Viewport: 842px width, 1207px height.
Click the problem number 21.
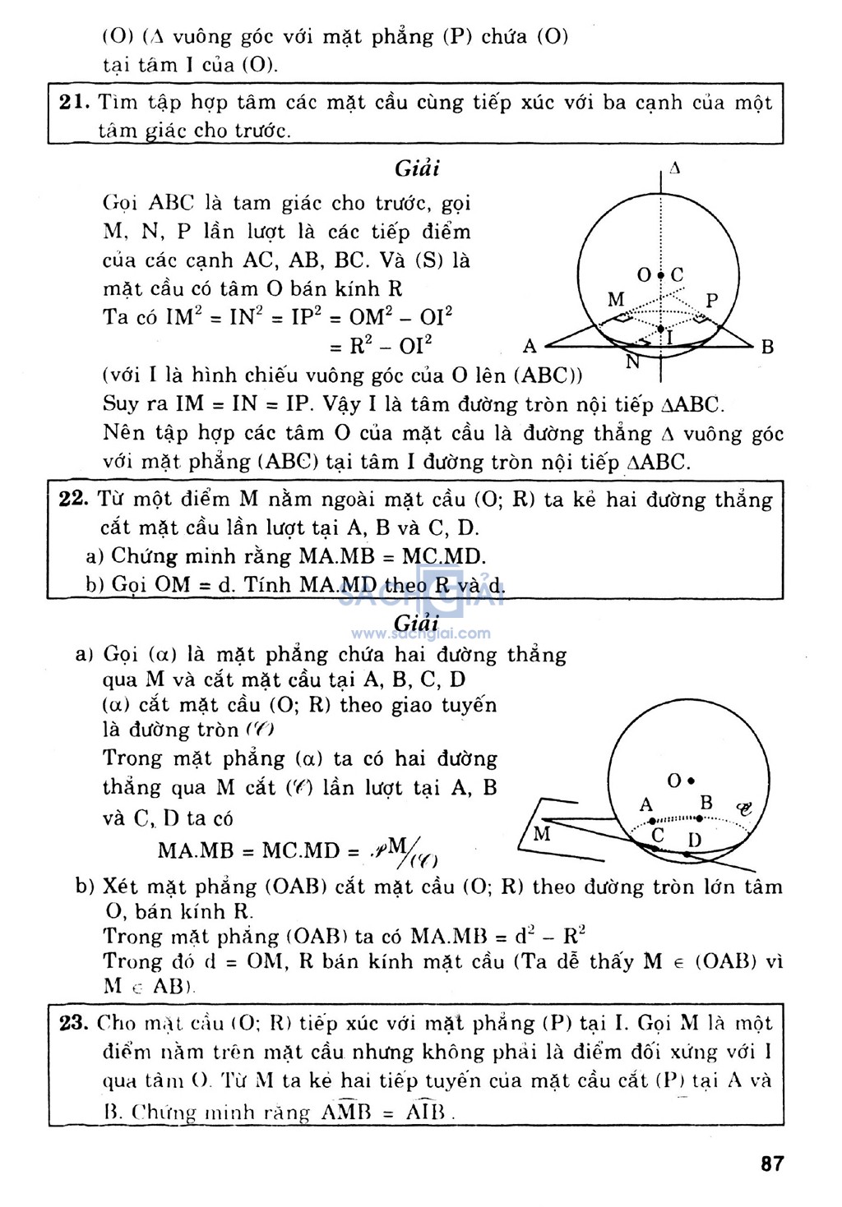(x=74, y=103)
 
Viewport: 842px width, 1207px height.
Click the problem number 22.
(x=73, y=500)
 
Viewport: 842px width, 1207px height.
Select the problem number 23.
(x=73, y=1023)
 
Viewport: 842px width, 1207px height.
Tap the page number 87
(x=772, y=1163)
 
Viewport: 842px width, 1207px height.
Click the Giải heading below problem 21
(x=417, y=168)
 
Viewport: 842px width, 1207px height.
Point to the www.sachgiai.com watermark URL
(x=421, y=633)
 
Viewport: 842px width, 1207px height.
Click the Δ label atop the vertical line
(x=674, y=168)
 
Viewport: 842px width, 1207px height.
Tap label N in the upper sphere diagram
(x=632, y=362)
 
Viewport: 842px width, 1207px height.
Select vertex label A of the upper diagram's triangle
(x=530, y=346)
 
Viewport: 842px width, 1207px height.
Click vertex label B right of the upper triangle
(x=767, y=347)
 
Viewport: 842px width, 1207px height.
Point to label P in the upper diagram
(x=711, y=301)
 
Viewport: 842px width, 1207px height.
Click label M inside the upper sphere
(x=616, y=299)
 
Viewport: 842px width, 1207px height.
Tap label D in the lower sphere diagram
(x=695, y=840)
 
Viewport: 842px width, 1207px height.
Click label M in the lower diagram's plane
(x=542, y=834)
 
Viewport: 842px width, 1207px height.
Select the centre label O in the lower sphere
(x=674, y=781)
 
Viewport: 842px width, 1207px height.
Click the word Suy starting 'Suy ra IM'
(x=120, y=404)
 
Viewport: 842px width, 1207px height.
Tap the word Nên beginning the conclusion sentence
(x=122, y=433)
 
